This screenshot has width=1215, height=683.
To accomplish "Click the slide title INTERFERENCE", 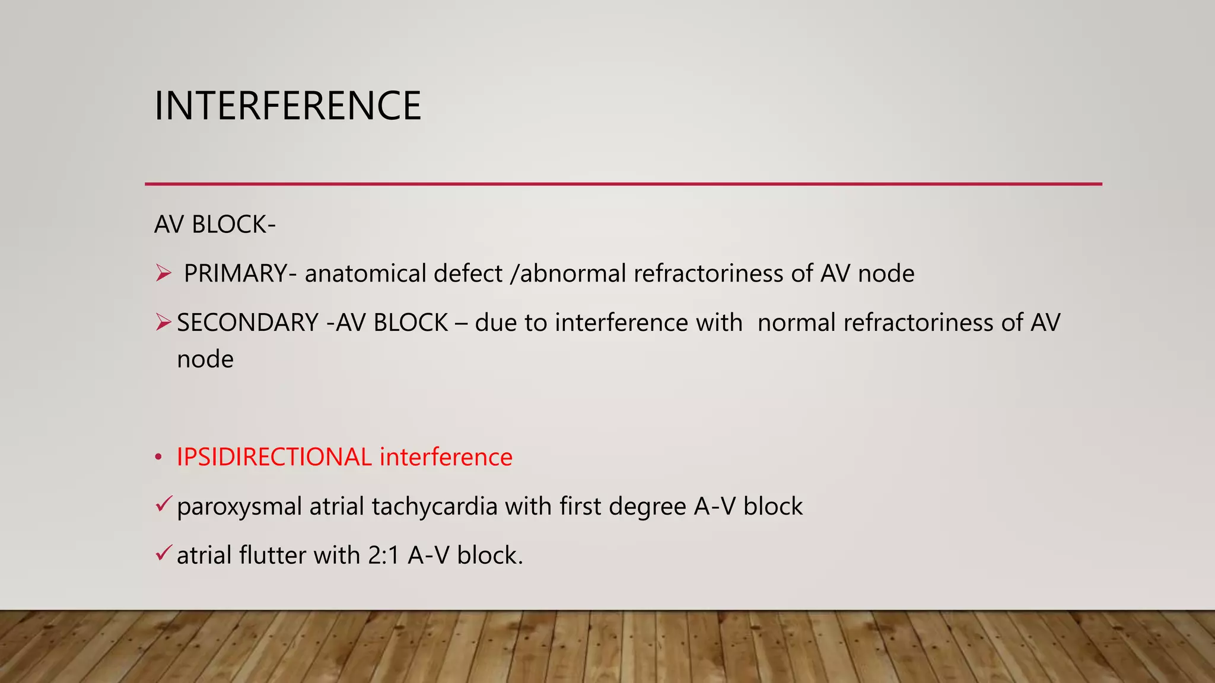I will point(288,106).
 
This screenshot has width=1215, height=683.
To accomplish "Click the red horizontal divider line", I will point(623,184).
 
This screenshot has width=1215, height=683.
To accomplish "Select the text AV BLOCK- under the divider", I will point(215,225).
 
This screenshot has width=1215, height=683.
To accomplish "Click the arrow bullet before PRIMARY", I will point(163,273).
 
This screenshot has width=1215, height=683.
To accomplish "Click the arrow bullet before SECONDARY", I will point(163,323).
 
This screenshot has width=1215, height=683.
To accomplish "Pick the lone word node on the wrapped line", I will point(205,359).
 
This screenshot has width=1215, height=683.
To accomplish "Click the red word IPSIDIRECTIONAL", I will point(274,457).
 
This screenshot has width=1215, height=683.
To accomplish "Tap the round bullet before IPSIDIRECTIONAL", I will point(158,458).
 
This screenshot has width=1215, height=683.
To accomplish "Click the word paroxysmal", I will point(240,507).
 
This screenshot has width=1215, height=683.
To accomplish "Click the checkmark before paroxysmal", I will point(164,505).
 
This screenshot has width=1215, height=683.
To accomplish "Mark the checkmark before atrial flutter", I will point(164,554).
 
